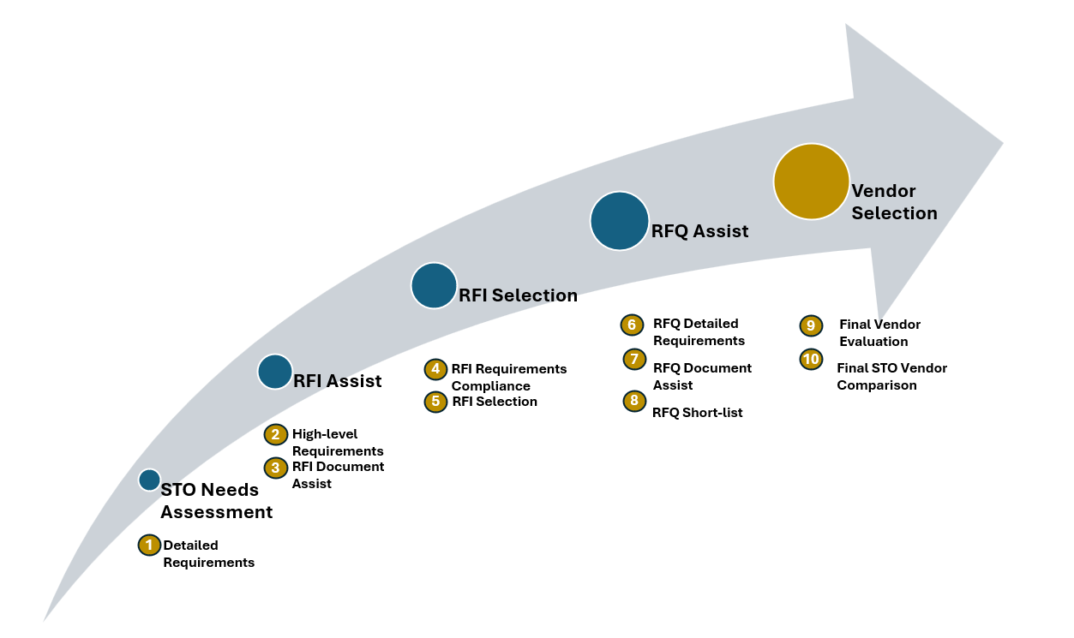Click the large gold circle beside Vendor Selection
pyautogui.click(x=811, y=182)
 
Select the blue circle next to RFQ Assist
pyautogui.click(x=619, y=221)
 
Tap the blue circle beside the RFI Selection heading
pyautogui.click(x=434, y=285)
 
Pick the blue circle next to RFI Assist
pyautogui.click(x=275, y=372)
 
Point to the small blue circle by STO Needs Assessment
pyautogui.click(x=150, y=480)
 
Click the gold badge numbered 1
pyautogui.click(x=149, y=545)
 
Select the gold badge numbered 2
pyautogui.click(x=276, y=434)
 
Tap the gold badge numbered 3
pyautogui.click(x=276, y=468)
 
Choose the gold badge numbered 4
pyautogui.click(x=435, y=369)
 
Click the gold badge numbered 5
pyautogui.click(x=435, y=402)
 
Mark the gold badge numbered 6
pyautogui.click(x=632, y=325)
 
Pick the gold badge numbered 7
pyautogui.click(x=634, y=359)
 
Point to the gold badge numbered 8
pyautogui.click(x=634, y=401)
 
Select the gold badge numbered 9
pyautogui.click(x=811, y=325)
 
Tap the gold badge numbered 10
pyautogui.click(x=811, y=359)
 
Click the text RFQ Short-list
pyautogui.click(x=697, y=413)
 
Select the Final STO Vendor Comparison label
pyautogui.click(x=891, y=377)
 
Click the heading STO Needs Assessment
pyautogui.click(x=216, y=500)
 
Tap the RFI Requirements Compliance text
pyautogui.click(x=508, y=378)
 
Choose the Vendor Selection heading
pyautogui.click(x=894, y=202)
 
